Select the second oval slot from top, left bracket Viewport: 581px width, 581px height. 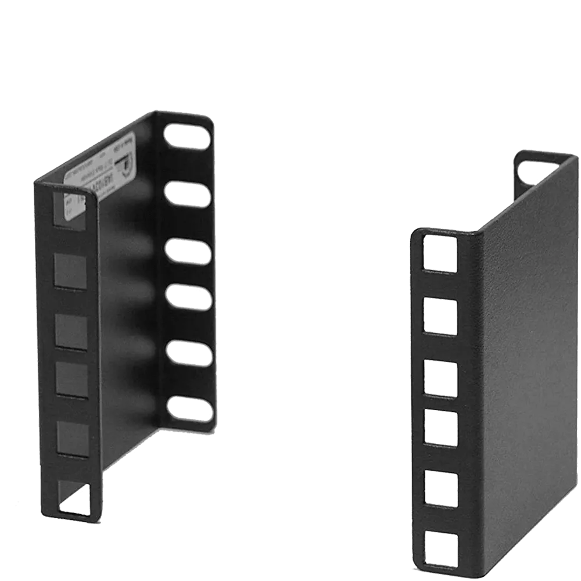coord(188,193)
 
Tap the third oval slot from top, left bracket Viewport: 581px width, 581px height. coord(188,251)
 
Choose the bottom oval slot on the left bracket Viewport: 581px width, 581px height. coord(190,408)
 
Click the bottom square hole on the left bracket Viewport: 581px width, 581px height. coord(75,499)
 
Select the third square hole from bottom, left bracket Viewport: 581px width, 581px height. coord(72,381)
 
